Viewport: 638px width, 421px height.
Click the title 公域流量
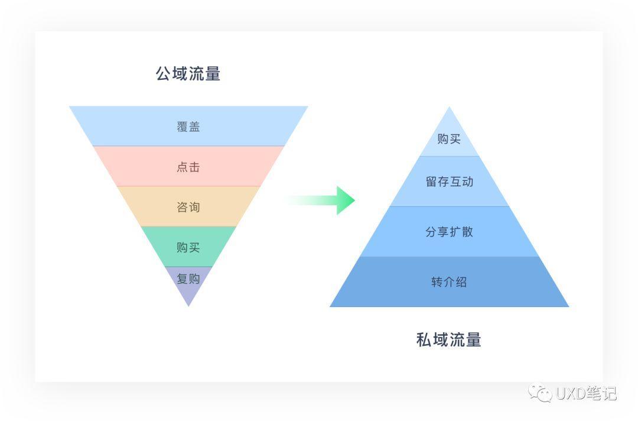[188, 74]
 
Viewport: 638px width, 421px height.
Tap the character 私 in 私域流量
[424, 340]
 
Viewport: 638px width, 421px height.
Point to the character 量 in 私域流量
[474, 340]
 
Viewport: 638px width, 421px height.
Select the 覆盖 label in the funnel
[188, 127]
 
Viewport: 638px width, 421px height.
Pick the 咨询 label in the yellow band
[188, 207]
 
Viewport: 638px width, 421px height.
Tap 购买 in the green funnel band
[188, 247]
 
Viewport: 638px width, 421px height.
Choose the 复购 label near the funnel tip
[188, 278]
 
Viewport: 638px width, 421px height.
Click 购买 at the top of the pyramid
[449, 140]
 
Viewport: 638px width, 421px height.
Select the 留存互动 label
[449, 182]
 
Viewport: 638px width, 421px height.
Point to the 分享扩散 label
[449, 232]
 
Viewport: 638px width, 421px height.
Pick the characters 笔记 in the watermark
[601, 393]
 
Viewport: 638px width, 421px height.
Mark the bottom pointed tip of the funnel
[188, 305]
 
